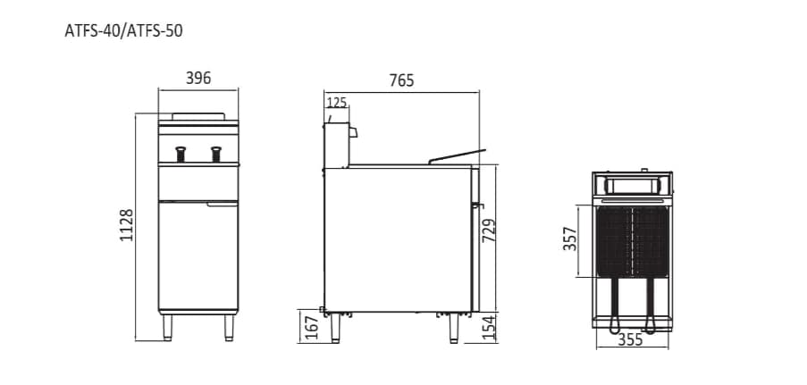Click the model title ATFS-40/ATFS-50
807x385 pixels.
pos(124,30)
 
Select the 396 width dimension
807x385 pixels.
pos(198,79)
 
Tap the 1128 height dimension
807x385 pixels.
pos(127,226)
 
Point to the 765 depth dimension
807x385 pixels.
pos(401,80)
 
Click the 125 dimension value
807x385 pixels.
pos(336,103)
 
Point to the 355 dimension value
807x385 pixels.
pos(631,340)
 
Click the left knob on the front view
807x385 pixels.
pos(181,154)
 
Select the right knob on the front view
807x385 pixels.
pos(215,154)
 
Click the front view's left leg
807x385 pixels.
pos(168,327)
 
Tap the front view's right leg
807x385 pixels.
pos(229,327)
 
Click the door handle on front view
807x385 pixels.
pos(222,205)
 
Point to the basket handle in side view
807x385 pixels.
pos(457,156)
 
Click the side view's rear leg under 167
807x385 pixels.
pos(336,328)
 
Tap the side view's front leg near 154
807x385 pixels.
pos(454,328)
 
